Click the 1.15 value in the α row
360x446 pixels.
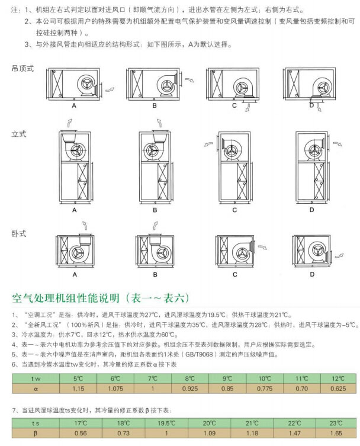(78, 389)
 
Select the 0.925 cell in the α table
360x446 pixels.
(190, 389)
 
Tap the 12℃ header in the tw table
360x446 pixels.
(338, 378)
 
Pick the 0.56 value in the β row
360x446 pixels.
(81, 433)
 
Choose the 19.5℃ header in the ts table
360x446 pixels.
(166, 423)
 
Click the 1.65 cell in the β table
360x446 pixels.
(336, 433)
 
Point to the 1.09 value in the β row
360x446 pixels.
(209, 433)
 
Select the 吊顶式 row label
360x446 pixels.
(22, 68)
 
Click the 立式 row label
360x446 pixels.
(19, 134)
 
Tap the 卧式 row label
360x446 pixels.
(19, 234)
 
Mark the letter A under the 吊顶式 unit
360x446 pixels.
(74, 105)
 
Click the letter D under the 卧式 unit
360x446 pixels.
(312, 274)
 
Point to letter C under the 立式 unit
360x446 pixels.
(234, 210)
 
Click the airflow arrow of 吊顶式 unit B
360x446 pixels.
(190, 79)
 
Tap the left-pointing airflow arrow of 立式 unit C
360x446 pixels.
(208, 144)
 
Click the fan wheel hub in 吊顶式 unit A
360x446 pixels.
(86, 84)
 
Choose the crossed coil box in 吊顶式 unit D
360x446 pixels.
(294, 83)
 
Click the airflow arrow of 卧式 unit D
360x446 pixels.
(339, 256)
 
